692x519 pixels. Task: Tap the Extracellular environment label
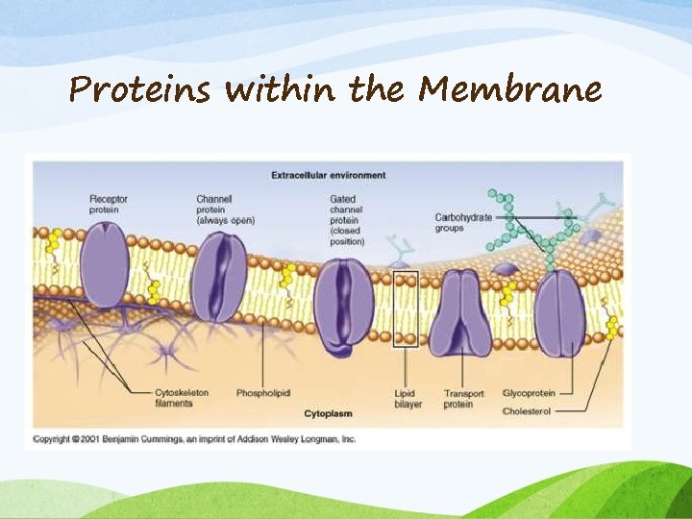pos(328,175)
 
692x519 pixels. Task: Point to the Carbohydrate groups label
pos(462,223)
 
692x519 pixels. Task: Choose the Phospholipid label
pos(262,393)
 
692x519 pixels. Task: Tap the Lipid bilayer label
pos(408,398)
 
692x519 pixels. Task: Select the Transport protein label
pos(457,398)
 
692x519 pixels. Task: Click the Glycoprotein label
pos(529,393)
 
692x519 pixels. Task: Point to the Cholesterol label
pos(527,411)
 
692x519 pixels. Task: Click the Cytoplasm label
pos(329,413)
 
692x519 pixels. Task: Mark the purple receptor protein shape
pos(104,265)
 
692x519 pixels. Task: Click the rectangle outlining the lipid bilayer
pos(406,308)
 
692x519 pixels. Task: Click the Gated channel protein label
pos(346,220)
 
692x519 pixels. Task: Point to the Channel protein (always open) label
pos(225,210)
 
